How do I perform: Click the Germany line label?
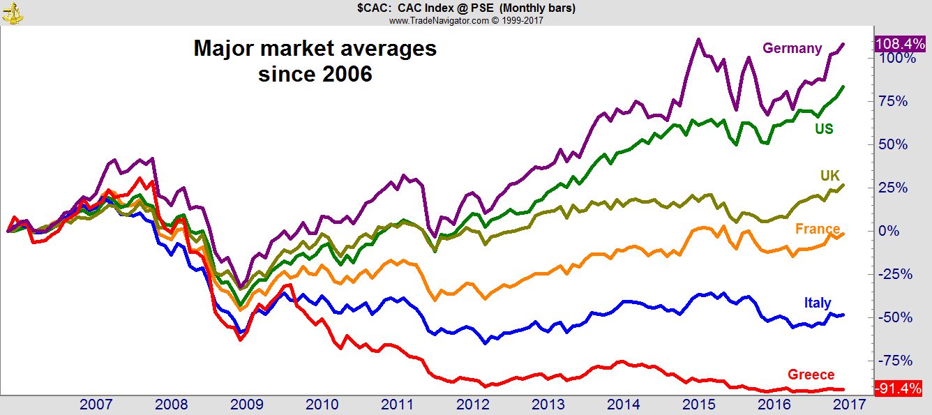tap(792, 48)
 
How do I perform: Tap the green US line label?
tap(824, 129)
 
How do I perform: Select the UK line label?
tap(829, 176)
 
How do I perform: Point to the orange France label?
tap(818, 229)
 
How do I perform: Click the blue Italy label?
tap(818, 303)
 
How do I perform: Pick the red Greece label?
tap(811, 375)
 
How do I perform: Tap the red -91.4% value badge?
tap(899, 388)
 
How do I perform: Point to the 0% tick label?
tap(889, 231)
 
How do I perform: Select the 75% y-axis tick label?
tap(893, 101)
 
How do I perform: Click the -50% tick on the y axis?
tap(896, 317)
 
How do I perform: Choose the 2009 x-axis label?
tap(247, 404)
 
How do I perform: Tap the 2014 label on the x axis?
tap(623, 404)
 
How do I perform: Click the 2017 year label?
tap(849, 404)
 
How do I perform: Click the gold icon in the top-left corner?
tap(13, 13)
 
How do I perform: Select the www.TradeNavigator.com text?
tap(439, 20)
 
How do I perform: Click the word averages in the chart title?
tap(389, 49)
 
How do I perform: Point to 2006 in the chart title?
tap(347, 75)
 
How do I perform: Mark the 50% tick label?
tap(893, 144)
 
